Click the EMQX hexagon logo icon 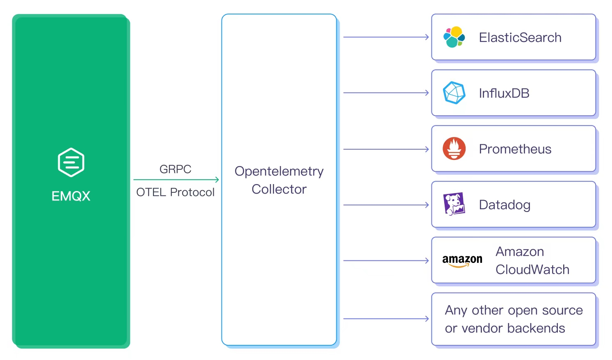[71, 162]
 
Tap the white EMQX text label [71, 196]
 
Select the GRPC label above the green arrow [175, 169]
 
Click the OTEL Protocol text [175, 192]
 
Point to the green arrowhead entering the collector [217, 180]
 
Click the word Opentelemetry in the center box [279, 171]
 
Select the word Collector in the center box [279, 189]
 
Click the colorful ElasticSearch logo [454, 37]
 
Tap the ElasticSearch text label [520, 37]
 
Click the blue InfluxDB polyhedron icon [454, 93]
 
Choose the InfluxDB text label [504, 93]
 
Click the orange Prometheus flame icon [454, 148]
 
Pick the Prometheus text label [515, 149]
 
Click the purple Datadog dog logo [454, 204]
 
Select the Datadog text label [505, 205]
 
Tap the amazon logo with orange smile [462, 260]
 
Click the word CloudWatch [532, 269]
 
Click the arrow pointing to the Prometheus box [386, 149]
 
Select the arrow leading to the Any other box [386, 319]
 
